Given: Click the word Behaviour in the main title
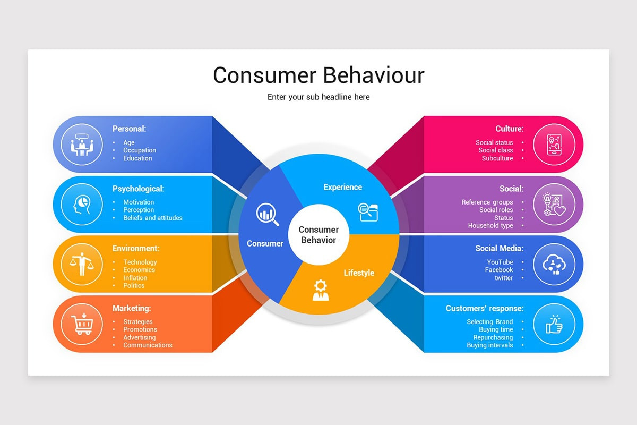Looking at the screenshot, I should point(374,75).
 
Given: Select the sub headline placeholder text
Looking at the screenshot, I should point(318,97).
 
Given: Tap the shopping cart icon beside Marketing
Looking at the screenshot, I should point(81,324).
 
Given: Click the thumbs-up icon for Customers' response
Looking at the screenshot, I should point(554,324).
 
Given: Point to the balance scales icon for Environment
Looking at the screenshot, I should point(81,264).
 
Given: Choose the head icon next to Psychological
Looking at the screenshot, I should point(81,204).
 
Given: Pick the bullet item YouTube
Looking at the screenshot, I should point(500,262).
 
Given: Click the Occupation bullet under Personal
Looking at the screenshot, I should point(140,150).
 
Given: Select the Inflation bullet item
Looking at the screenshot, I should point(135,277).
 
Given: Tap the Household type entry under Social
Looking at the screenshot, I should point(490,225).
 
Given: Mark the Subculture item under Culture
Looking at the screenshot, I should point(497,158).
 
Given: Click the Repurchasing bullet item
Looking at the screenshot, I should point(493,337).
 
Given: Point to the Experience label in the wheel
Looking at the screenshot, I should point(343,187).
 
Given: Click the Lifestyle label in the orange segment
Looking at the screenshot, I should point(359,273).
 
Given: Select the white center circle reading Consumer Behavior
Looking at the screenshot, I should point(318,234).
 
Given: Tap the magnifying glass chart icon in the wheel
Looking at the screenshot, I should point(268,214).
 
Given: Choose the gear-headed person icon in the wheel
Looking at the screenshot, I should point(320,290).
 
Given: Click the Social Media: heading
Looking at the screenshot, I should point(499,248).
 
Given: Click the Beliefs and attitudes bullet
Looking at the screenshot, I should point(153,218).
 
